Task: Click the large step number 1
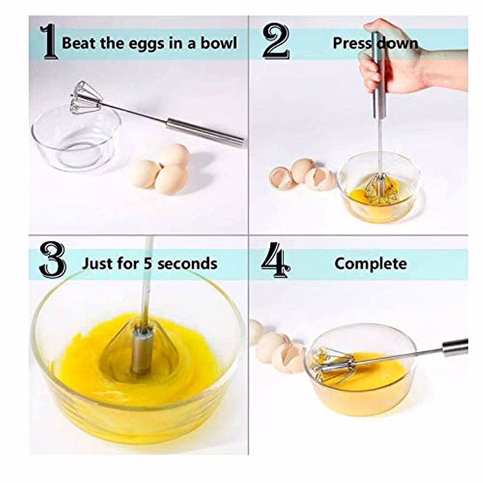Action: pyautogui.click(x=50, y=41)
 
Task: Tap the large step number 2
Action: pyautogui.click(x=276, y=41)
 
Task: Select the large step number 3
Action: pyautogui.click(x=53, y=260)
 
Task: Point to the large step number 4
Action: pyautogui.click(x=276, y=260)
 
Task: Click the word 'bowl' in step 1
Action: pyautogui.click(x=219, y=43)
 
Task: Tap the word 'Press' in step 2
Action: pyautogui.click(x=351, y=43)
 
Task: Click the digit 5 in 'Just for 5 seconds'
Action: pyautogui.click(x=149, y=264)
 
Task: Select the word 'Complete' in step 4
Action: pyautogui.click(x=371, y=264)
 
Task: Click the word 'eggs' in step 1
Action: pyautogui.click(x=147, y=44)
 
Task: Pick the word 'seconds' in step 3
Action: pyautogui.click(x=187, y=264)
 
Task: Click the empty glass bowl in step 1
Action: pyautogui.click(x=76, y=138)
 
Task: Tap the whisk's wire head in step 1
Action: pyautogui.click(x=85, y=98)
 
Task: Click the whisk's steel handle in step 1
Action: pyautogui.click(x=205, y=132)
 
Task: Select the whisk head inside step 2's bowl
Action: pyautogui.click(x=379, y=189)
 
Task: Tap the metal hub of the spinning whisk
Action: pyautogui.click(x=141, y=350)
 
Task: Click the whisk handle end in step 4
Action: pyautogui.click(x=455, y=347)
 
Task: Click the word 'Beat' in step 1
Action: pyautogui.click(x=79, y=43)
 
